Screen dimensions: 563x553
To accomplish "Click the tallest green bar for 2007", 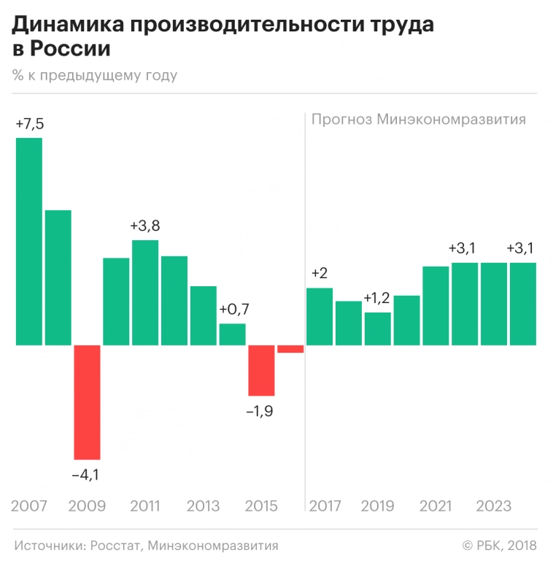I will tap(29, 241).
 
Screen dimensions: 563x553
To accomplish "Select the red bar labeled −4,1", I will tap(87, 402).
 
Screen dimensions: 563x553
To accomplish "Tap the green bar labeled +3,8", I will tap(145, 292).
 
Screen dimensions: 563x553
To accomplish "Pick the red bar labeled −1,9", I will tap(261, 370).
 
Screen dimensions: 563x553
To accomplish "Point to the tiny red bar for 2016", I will tap(290, 348).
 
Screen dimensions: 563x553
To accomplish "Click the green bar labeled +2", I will tap(320, 316).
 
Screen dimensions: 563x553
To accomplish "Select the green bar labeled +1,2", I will tap(378, 329).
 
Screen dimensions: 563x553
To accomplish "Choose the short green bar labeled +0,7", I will tap(232, 334).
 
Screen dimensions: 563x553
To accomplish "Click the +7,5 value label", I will tap(29, 124).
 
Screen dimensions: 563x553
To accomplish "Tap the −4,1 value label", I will tap(85, 475).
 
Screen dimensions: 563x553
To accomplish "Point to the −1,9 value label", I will tap(260, 411).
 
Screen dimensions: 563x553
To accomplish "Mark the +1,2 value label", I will tap(376, 299).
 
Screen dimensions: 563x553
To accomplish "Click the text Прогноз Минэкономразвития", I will tap(419, 120).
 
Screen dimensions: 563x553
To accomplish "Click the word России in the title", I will tap(70, 50).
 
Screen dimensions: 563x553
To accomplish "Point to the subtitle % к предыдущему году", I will tap(94, 75).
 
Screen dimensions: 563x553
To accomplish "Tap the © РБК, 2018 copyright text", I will tap(499, 545).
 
